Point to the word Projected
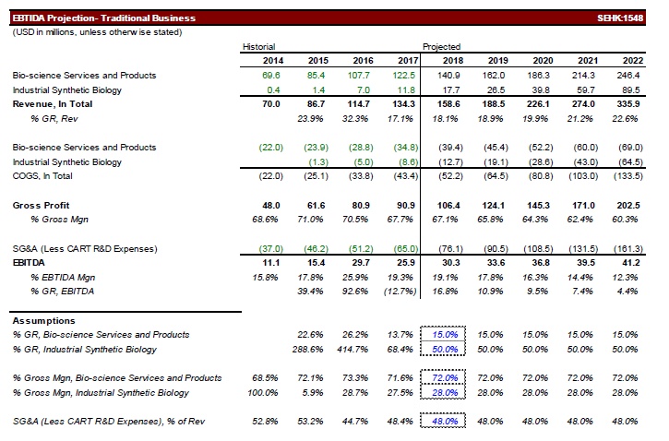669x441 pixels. click(x=442, y=46)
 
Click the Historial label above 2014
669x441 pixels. click(x=259, y=46)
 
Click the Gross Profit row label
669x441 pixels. click(x=41, y=204)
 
